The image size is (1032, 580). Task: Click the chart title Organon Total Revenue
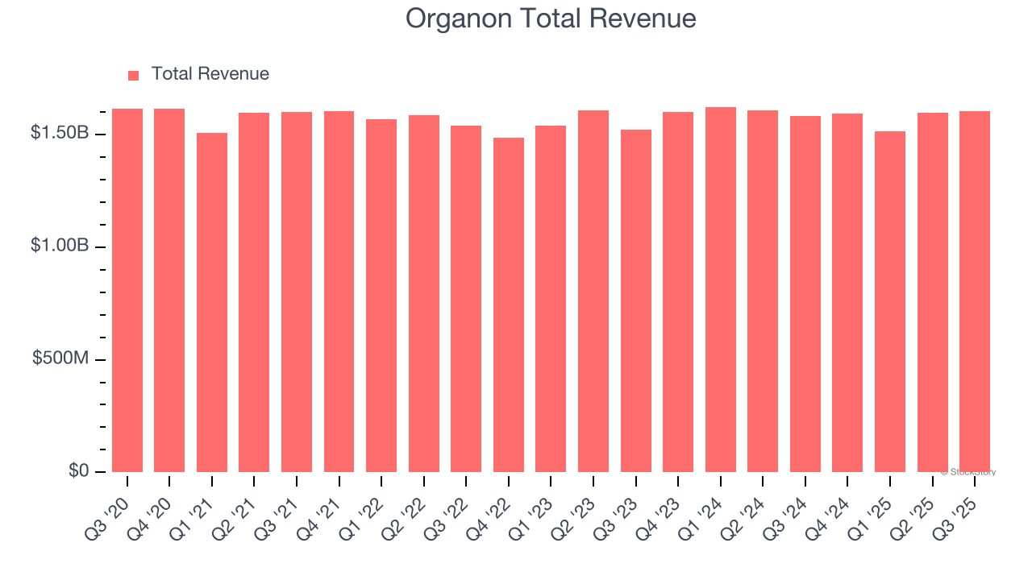(551, 18)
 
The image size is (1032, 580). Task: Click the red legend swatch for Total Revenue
(134, 75)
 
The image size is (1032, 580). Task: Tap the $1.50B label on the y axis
(60, 133)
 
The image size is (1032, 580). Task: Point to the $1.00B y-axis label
(60, 246)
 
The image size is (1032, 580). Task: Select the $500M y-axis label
(60, 358)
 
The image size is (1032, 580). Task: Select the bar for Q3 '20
(127, 290)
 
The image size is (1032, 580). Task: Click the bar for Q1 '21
(212, 302)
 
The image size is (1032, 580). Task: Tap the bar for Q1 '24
(721, 289)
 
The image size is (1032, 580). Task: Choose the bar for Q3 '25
(975, 292)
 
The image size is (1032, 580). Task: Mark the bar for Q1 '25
(890, 301)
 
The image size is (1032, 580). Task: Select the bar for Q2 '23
(593, 291)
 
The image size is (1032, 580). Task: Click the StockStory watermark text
(968, 472)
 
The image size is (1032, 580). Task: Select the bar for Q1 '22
(381, 296)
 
